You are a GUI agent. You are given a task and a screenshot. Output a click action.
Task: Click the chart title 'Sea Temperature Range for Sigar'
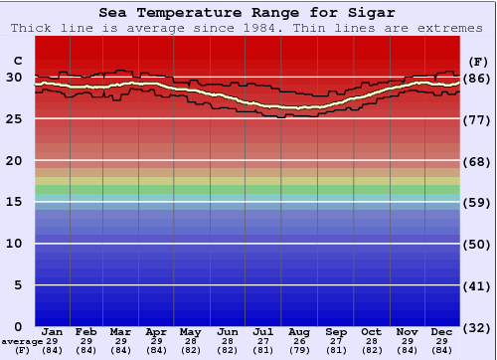point(248,13)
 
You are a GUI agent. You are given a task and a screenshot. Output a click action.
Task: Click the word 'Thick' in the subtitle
point(33,28)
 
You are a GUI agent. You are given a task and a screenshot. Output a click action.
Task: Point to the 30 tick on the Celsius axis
point(14,78)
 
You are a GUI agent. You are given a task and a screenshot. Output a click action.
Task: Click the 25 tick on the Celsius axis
point(14,119)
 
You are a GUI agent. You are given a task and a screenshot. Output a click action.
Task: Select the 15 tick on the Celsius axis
point(14,202)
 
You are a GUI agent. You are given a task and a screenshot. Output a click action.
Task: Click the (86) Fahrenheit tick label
point(478,78)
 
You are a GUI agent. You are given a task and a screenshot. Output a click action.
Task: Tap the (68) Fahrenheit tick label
point(478,161)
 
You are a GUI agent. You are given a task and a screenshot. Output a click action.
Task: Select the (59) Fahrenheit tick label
point(478,202)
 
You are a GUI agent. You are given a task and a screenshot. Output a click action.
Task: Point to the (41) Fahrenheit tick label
point(478,285)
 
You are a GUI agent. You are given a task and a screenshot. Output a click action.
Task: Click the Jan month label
point(53,331)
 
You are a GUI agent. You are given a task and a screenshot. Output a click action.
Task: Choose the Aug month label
point(299,331)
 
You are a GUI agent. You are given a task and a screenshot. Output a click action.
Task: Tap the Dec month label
point(442,331)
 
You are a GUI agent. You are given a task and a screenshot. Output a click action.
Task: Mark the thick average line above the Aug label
point(299,107)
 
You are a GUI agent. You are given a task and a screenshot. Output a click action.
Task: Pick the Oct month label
point(371,331)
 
